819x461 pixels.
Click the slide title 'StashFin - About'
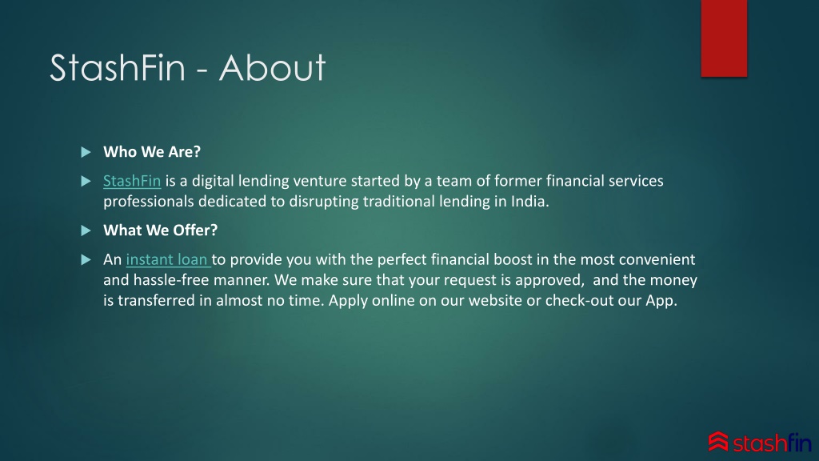[x=187, y=68]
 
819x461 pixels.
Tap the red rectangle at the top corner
[x=724, y=38]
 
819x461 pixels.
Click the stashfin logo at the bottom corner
[x=759, y=441]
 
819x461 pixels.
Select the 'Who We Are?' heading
[x=151, y=152]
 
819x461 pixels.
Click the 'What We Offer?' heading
[x=160, y=230]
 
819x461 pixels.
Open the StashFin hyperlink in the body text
[x=132, y=181]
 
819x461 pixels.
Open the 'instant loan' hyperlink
[x=168, y=259]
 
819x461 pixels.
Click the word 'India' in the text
[x=529, y=202]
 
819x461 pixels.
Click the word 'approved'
[x=537, y=280]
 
